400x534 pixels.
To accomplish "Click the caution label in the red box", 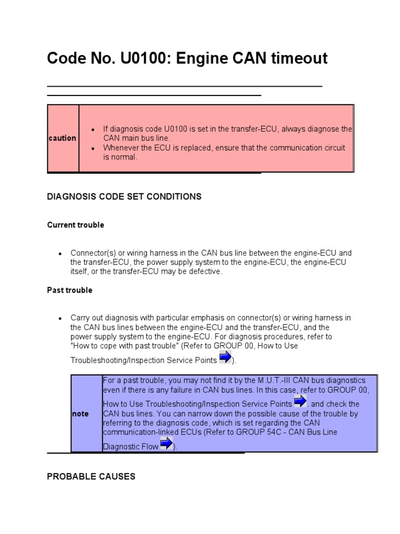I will (x=63, y=138).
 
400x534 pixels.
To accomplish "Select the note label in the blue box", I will (x=80, y=414).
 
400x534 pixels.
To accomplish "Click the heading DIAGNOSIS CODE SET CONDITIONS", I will (x=124, y=197).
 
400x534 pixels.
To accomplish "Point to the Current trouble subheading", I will (x=76, y=225).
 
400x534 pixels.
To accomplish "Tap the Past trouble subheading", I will (x=70, y=290).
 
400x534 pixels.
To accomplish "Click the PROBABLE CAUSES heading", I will (x=91, y=476).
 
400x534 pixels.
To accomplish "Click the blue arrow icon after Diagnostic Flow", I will (x=166, y=444).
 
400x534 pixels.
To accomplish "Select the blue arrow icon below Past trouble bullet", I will (x=225, y=358).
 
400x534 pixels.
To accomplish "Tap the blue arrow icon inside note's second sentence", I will (x=300, y=402).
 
